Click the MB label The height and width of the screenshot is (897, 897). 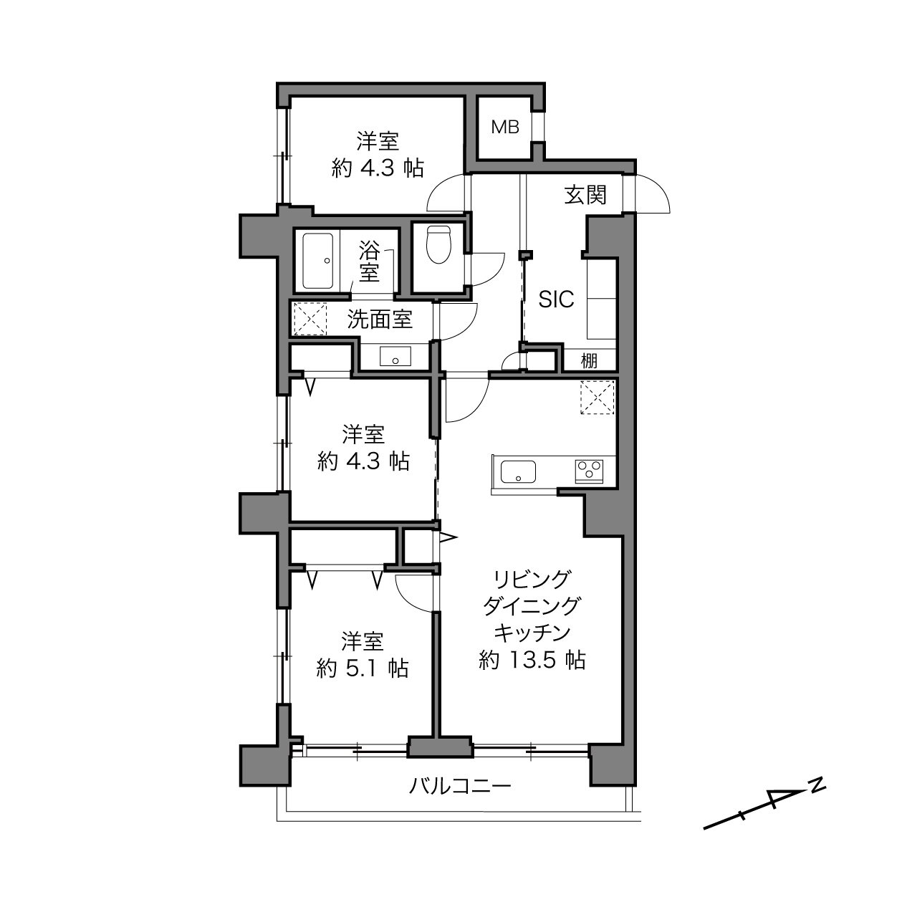tap(505, 127)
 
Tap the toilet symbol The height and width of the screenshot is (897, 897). tap(438, 244)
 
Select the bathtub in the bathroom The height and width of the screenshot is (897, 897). tap(318, 261)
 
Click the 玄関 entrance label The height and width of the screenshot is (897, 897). tap(585, 195)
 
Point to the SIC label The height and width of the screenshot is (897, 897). tap(556, 299)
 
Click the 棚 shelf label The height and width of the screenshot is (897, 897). tap(589, 361)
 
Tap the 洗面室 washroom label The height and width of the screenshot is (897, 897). tap(380, 320)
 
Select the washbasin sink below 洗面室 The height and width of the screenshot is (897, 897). tap(395, 356)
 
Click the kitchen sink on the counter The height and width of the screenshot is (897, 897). tap(518, 471)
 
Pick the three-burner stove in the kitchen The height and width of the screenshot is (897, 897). tap(590, 471)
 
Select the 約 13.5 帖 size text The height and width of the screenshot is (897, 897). tap(532, 660)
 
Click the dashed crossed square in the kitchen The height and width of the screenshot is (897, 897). tap(598, 397)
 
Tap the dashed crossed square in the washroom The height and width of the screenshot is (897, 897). tap(310, 319)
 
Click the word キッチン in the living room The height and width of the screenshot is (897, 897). tap(532, 633)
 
